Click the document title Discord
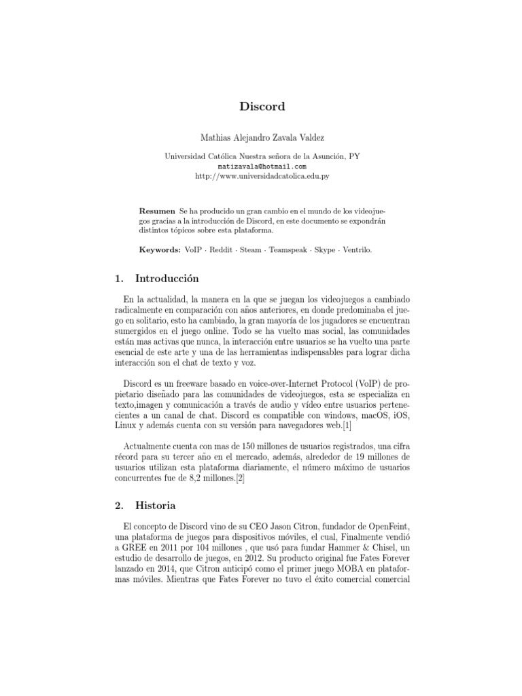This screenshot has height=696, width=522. point(261,107)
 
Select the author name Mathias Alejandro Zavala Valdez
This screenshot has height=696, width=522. point(262,137)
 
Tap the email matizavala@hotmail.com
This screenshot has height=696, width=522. point(262,166)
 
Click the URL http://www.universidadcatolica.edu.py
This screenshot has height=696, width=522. point(262,175)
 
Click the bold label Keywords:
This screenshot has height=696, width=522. point(160,249)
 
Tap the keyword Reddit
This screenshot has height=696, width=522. point(219,249)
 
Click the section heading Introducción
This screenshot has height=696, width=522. point(167,278)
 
